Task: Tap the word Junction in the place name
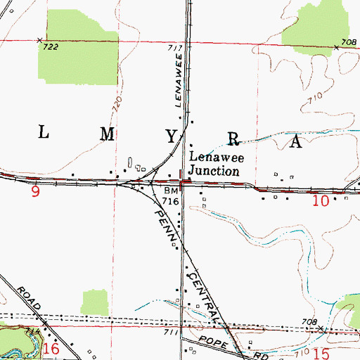[x=214, y=170]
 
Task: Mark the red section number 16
[x=51, y=348]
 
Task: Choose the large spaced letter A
[x=296, y=142]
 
